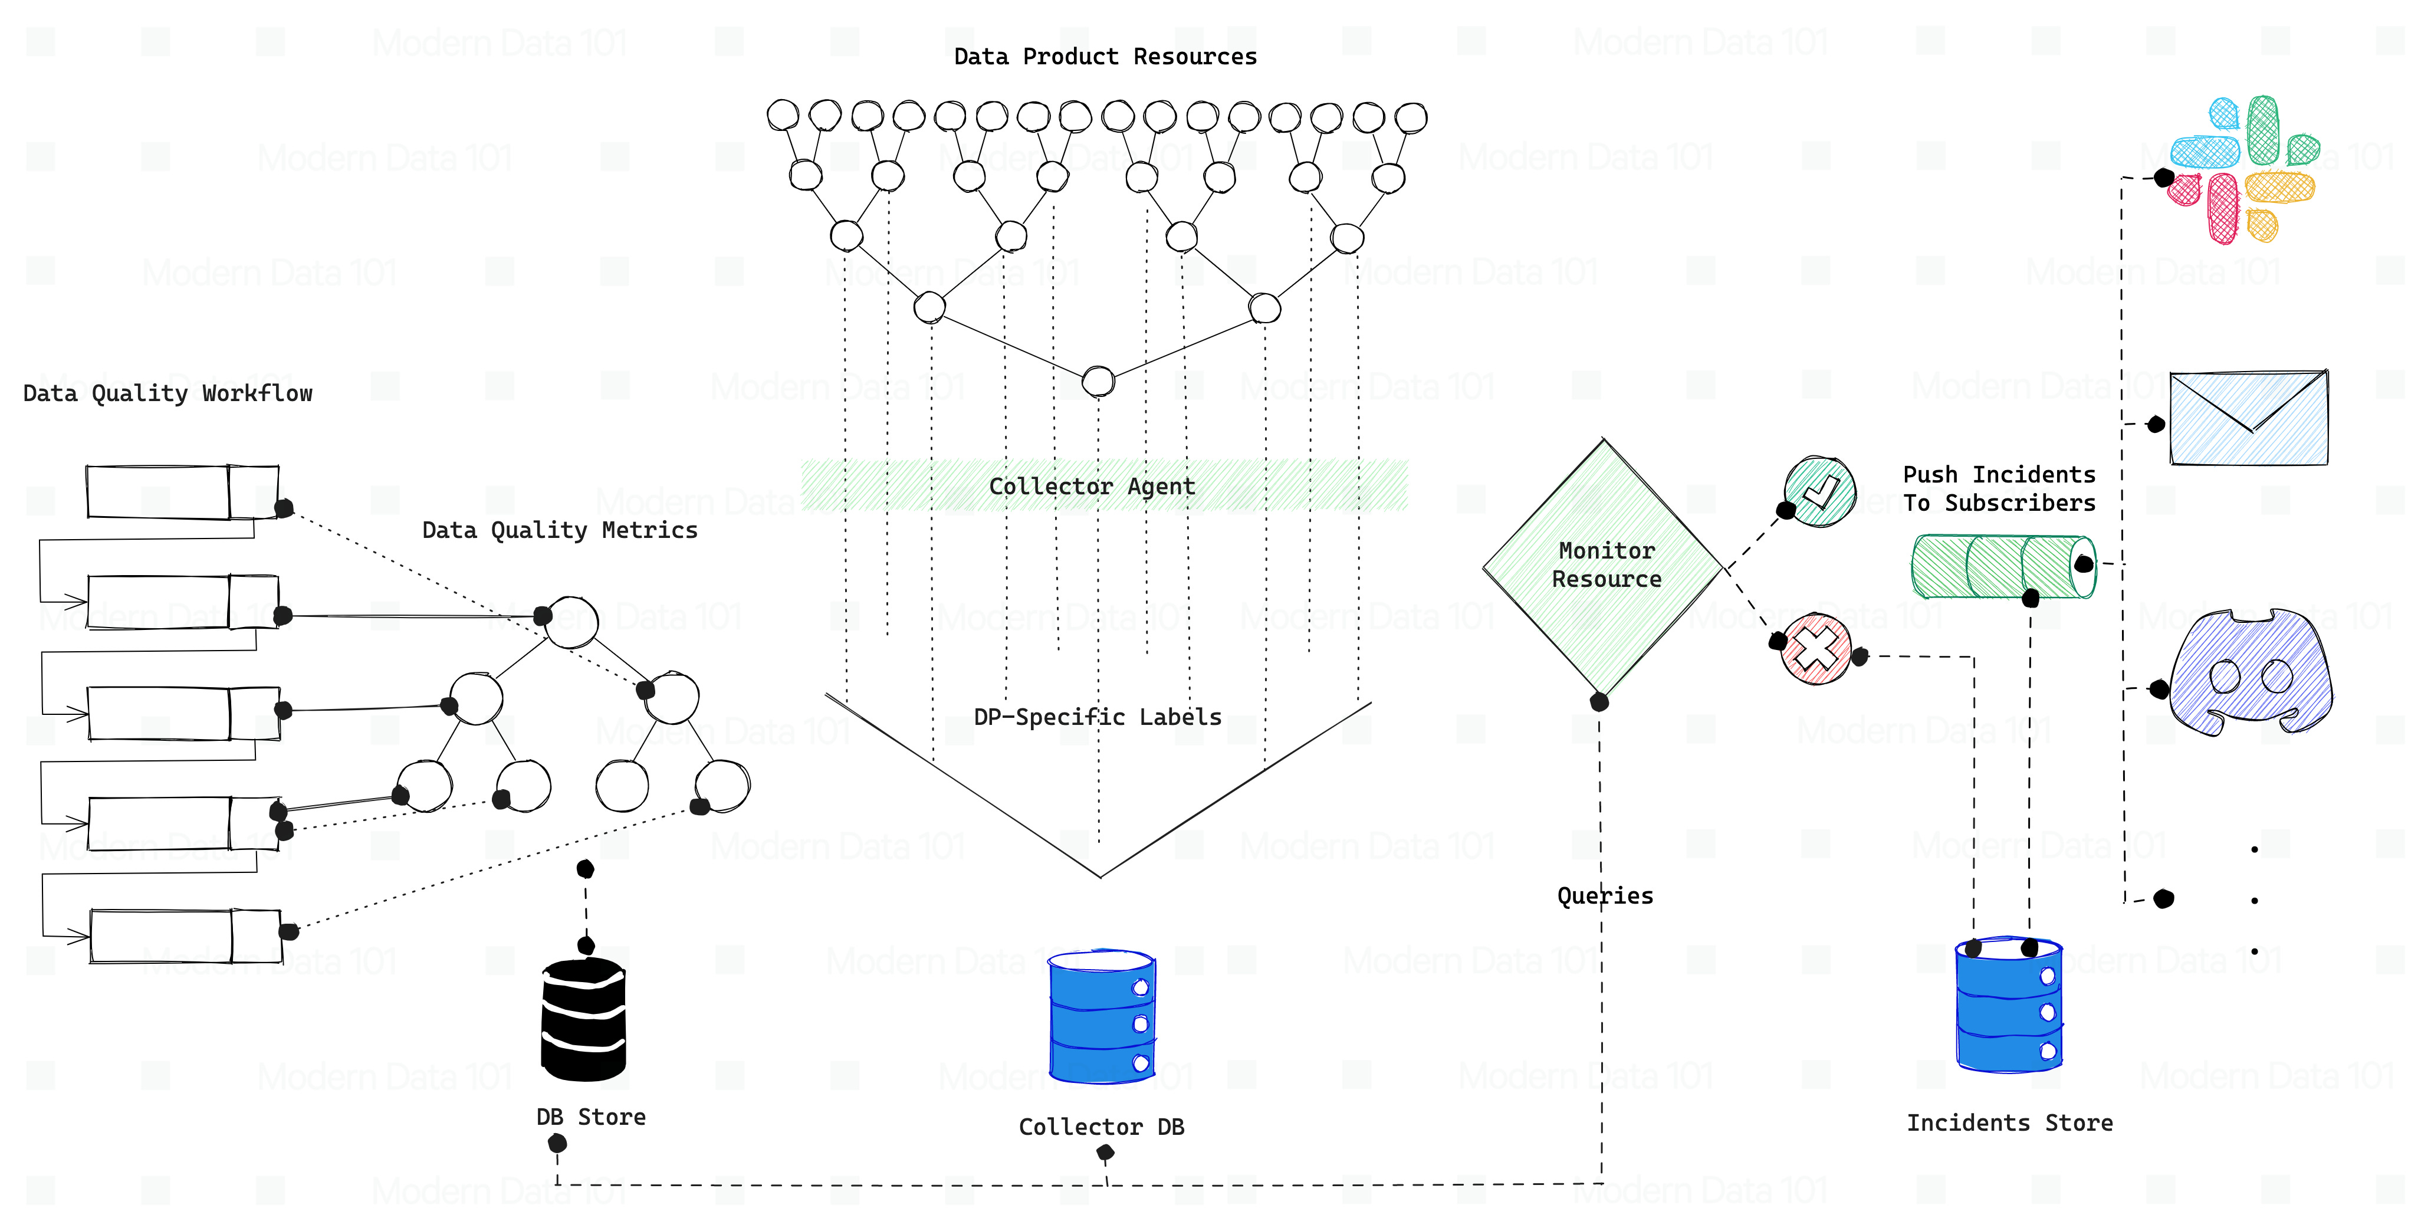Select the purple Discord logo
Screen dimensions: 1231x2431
coord(2250,672)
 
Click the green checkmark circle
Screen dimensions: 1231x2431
coord(1819,492)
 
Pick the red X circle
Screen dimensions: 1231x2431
coord(1816,649)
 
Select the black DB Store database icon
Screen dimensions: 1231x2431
coord(583,1019)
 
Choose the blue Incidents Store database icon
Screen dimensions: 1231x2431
coord(2008,1005)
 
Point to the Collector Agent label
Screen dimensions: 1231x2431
coord(1092,486)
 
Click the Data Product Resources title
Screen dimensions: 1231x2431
coord(1105,57)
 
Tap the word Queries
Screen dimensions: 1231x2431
coord(1604,896)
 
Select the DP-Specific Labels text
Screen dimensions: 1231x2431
coord(1096,717)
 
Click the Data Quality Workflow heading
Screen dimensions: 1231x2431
coord(167,393)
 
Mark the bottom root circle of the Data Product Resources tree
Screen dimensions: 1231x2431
coord(1098,382)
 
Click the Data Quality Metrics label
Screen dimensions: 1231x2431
coord(560,530)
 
